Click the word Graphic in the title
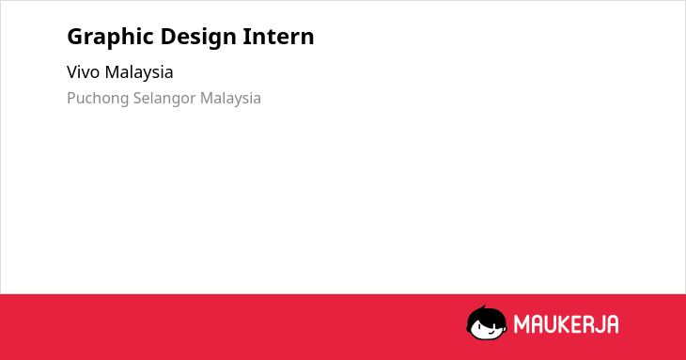click(x=109, y=38)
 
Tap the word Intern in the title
click(x=279, y=37)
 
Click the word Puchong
click(x=98, y=99)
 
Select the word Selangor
click(x=164, y=99)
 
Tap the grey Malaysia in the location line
click(x=230, y=99)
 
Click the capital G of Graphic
click(x=75, y=37)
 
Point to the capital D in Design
click(x=168, y=37)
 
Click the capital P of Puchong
click(x=71, y=98)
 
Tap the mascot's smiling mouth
click(x=491, y=333)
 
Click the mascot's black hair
click(x=486, y=316)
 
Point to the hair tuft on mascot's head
click(x=483, y=307)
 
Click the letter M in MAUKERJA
click(x=522, y=324)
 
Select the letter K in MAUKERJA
click(x=565, y=324)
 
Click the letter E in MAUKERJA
click(x=575, y=324)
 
